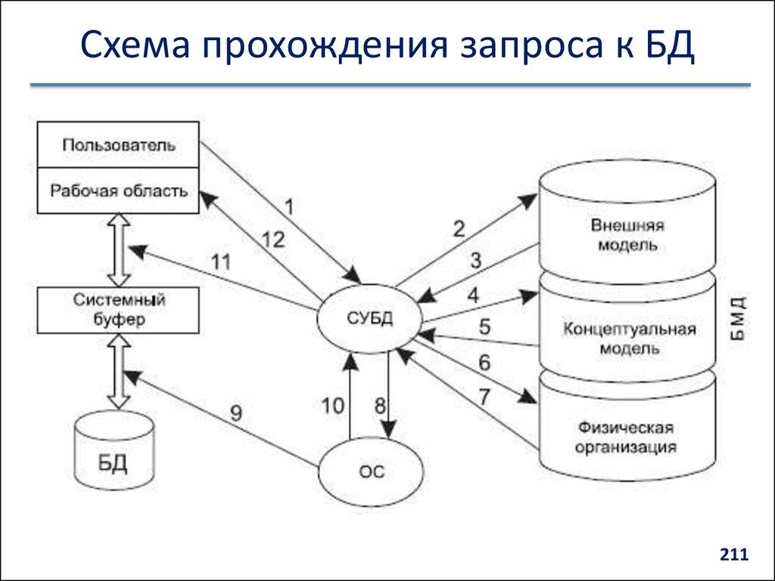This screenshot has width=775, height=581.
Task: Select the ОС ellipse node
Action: click(x=371, y=472)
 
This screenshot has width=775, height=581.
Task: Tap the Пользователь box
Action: click(x=119, y=144)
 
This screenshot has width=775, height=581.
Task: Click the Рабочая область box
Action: click(x=119, y=191)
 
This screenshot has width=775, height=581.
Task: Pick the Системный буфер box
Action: click(x=119, y=310)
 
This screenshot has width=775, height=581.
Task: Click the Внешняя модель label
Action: click(x=627, y=235)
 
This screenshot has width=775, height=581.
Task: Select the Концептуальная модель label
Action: click(x=628, y=339)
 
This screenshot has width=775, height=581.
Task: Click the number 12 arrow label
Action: click(x=273, y=241)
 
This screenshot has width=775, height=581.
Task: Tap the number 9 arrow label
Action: click(x=236, y=413)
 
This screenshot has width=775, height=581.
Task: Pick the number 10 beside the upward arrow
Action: click(x=332, y=405)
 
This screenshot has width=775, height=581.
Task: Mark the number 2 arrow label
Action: click(x=459, y=228)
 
